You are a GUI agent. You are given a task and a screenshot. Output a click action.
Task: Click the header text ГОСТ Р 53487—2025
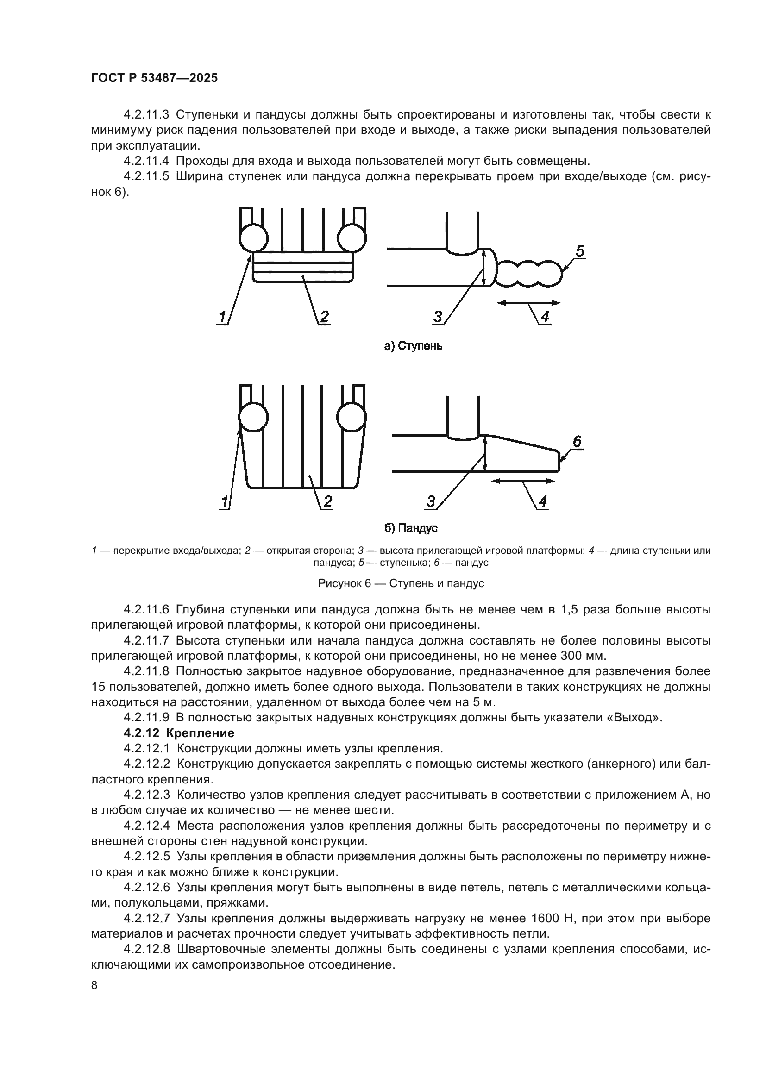click(x=154, y=78)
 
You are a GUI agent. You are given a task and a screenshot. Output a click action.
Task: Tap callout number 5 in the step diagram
click(x=580, y=251)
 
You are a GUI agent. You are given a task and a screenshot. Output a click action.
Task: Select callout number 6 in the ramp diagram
click(x=577, y=442)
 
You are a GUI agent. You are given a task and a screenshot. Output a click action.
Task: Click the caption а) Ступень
click(x=413, y=346)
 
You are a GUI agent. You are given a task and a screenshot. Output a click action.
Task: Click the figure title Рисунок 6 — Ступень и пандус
click(x=401, y=583)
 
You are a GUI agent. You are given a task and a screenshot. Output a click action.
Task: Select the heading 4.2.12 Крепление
click(x=179, y=733)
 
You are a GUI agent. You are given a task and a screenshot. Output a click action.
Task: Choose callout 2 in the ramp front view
click(x=327, y=501)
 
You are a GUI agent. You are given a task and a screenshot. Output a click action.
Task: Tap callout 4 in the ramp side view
click(x=542, y=501)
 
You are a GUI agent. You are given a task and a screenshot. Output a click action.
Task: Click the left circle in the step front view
click(x=253, y=237)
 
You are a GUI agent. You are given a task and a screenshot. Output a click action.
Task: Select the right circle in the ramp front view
click(x=352, y=417)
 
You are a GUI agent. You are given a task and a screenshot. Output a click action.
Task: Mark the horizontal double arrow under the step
click(x=528, y=303)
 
